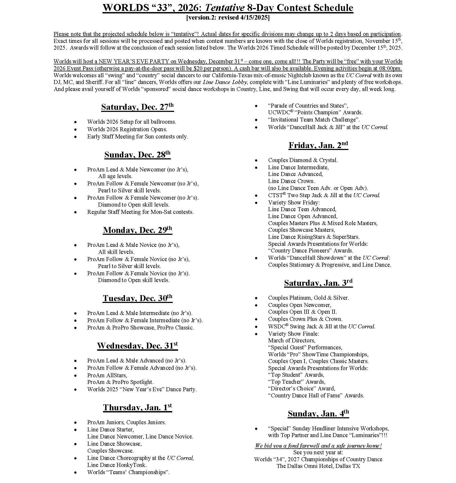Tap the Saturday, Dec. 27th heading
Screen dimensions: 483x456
[137, 107]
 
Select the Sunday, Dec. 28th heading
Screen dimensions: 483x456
[137, 155]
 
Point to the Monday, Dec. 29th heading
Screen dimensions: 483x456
[137, 230]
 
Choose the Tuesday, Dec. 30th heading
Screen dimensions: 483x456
[137, 298]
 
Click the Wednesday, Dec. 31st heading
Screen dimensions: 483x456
[137, 346]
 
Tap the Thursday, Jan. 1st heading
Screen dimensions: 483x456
[137, 407]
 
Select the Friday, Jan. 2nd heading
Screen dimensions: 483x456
[318, 145]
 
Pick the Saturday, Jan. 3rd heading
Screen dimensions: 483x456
[318, 283]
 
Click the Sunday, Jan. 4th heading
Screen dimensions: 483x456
[318, 414]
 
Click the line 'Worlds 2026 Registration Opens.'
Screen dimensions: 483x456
[127, 129]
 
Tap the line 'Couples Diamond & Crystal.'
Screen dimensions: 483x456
[303, 160]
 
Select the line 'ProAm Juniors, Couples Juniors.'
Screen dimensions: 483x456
[127, 422]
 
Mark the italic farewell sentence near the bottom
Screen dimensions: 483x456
[318, 446]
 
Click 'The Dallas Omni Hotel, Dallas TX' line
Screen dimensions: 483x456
[318, 466]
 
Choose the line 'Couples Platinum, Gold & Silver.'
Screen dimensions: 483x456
[308, 298]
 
